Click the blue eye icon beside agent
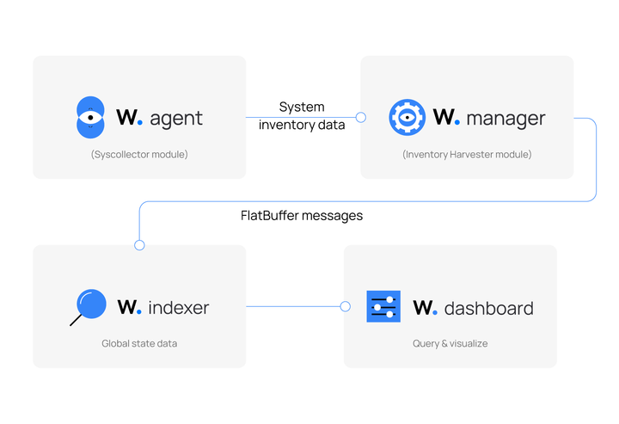click(90, 118)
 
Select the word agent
click(176, 119)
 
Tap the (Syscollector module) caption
click(139, 155)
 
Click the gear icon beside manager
click(407, 118)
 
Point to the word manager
click(506, 118)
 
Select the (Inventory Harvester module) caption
click(467, 155)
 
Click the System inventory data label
click(302, 116)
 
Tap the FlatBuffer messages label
click(302, 216)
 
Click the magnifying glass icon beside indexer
click(89, 307)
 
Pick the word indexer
click(178, 307)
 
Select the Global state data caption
click(139, 343)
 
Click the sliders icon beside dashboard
click(383, 307)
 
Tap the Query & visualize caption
click(450, 343)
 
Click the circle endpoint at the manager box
click(361, 118)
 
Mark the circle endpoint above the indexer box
click(139, 245)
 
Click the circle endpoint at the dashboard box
click(345, 306)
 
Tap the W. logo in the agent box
click(130, 118)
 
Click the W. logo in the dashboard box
click(426, 307)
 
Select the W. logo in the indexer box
click(130, 307)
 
